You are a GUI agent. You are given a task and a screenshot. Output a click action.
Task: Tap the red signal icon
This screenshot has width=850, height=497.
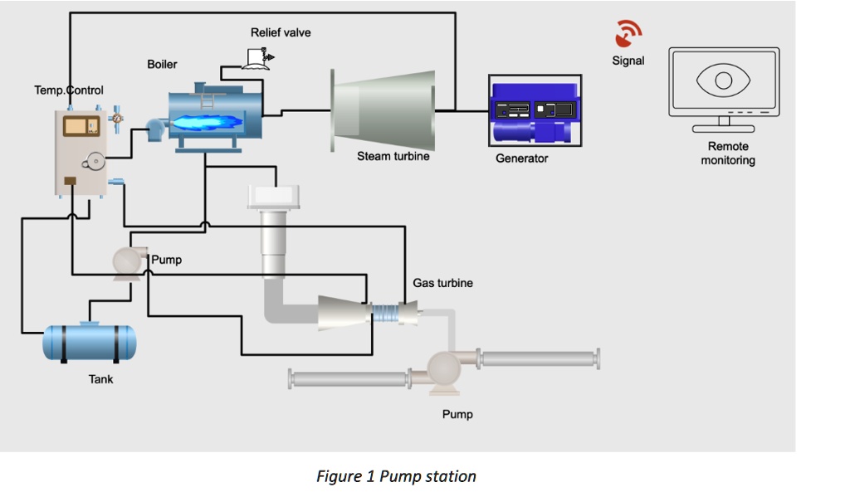(628, 34)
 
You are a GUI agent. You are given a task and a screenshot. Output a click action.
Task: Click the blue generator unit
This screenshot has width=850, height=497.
(535, 111)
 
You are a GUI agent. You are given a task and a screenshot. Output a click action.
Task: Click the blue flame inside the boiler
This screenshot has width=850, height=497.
(208, 122)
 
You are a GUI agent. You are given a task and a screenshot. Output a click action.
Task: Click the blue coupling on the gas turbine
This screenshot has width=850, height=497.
(385, 314)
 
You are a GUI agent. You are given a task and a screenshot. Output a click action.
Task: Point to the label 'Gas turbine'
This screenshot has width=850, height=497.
(442, 283)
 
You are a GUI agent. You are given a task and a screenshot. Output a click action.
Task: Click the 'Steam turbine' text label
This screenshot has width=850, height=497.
(393, 156)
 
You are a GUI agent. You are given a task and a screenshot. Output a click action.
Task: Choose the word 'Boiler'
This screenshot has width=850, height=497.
(162, 64)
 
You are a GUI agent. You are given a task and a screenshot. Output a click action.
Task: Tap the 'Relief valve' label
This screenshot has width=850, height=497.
(281, 32)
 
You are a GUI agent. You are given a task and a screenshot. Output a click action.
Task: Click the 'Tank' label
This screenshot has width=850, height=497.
(100, 379)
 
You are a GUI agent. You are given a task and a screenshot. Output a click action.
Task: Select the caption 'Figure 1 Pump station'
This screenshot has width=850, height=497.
(396, 476)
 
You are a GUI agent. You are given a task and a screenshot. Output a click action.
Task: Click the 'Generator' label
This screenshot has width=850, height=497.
(521, 158)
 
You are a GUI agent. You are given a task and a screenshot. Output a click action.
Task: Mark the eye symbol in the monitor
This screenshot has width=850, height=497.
(724, 80)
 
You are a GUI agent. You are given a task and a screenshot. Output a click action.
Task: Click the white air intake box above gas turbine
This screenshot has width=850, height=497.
(273, 197)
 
